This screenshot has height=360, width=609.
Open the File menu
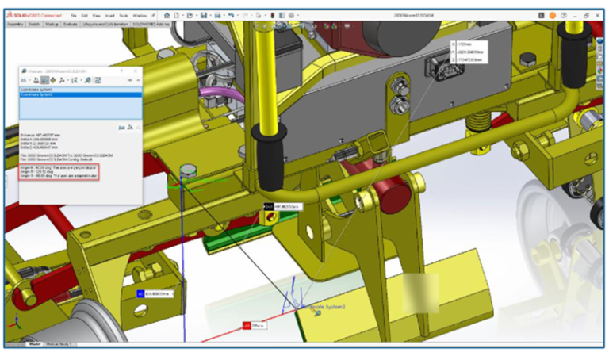[73, 15]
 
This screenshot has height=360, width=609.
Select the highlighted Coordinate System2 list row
[79, 95]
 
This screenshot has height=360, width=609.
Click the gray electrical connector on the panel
[435, 65]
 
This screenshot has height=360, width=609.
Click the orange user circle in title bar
[552, 15]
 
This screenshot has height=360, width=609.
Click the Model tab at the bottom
[34, 344]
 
